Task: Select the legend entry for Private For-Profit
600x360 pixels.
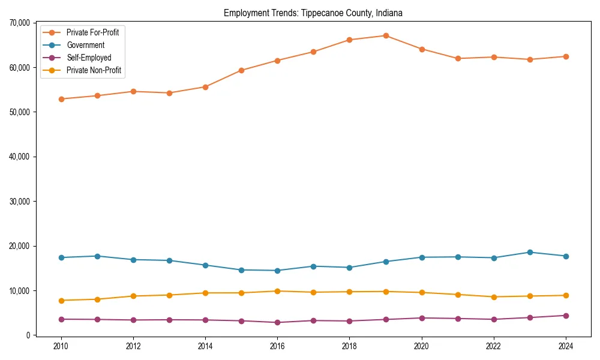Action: [x=92, y=32]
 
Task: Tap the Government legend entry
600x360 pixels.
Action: [x=85, y=45]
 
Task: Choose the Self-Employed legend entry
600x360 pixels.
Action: [x=89, y=58]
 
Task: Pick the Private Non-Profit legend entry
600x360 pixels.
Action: [x=94, y=70]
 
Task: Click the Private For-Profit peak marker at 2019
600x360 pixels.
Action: [x=386, y=35]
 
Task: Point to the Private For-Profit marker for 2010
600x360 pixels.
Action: [x=61, y=99]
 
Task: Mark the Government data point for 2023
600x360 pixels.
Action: [x=530, y=252]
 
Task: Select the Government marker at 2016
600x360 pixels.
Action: [x=277, y=271]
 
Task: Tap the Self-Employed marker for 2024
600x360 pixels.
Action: [x=566, y=316]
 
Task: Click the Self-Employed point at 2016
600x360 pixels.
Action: [x=277, y=322]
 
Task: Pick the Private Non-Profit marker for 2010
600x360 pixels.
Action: [x=61, y=300]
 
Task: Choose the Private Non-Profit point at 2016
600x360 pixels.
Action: [x=277, y=291]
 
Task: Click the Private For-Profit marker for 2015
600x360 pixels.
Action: [x=241, y=70]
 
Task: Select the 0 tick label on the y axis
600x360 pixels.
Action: [x=28, y=335]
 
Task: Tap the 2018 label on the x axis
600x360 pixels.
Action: [x=349, y=346]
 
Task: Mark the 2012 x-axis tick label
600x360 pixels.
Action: [x=133, y=346]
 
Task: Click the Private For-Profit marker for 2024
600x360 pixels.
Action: [x=566, y=56]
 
